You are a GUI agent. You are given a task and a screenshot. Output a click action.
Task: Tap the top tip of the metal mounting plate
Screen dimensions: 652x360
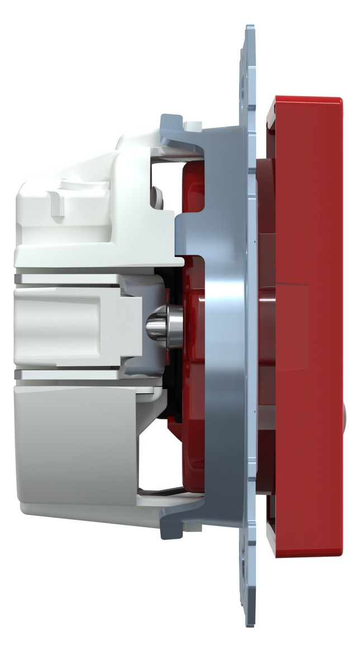pyautogui.click(x=249, y=28)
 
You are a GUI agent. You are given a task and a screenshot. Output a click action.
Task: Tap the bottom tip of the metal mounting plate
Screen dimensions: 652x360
pyautogui.click(x=249, y=624)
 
